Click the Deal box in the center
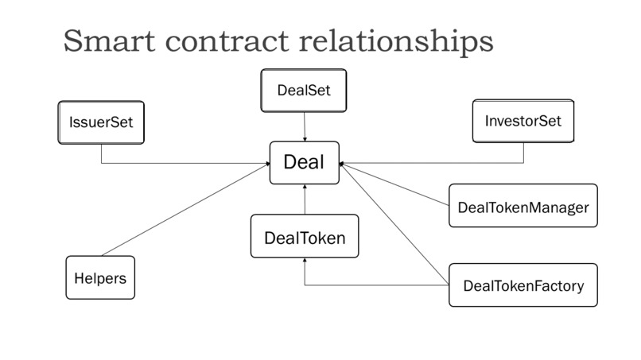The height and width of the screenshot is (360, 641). [305, 163]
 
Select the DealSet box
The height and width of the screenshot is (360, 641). [304, 91]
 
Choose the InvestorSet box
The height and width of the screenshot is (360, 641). [523, 122]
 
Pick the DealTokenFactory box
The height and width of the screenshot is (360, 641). [523, 285]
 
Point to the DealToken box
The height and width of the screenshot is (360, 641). [305, 236]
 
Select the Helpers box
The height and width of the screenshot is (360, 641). [100, 277]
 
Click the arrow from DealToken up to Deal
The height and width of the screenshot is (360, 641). [305, 199]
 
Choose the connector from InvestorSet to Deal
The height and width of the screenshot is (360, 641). [437, 164]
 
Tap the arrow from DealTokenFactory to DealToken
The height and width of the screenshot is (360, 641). [374, 285]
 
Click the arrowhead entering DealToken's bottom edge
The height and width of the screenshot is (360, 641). [305, 263]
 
